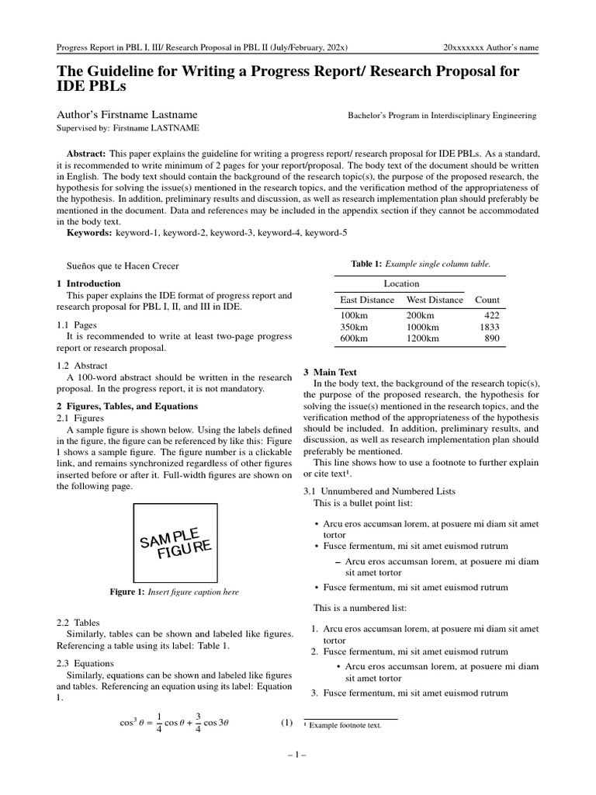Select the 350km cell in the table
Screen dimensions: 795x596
(354, 327)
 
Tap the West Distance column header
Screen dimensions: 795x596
(435, 300)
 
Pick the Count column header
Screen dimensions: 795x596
(487, 300)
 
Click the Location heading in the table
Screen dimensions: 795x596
(401, 283)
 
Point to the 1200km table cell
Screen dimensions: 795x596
(423, 338)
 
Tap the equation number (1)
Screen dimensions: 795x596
(286, 723)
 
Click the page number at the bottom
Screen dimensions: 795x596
(297, 755)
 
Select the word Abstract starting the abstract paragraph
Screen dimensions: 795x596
(87, 154)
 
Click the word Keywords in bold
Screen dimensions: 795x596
(88, 232)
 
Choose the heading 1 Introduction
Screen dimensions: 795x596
(89, 283)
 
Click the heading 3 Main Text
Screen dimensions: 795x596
(330, 373)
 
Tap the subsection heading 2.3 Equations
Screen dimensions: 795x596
(85, 663)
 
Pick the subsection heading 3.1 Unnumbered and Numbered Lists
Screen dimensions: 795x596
(379, 491)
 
